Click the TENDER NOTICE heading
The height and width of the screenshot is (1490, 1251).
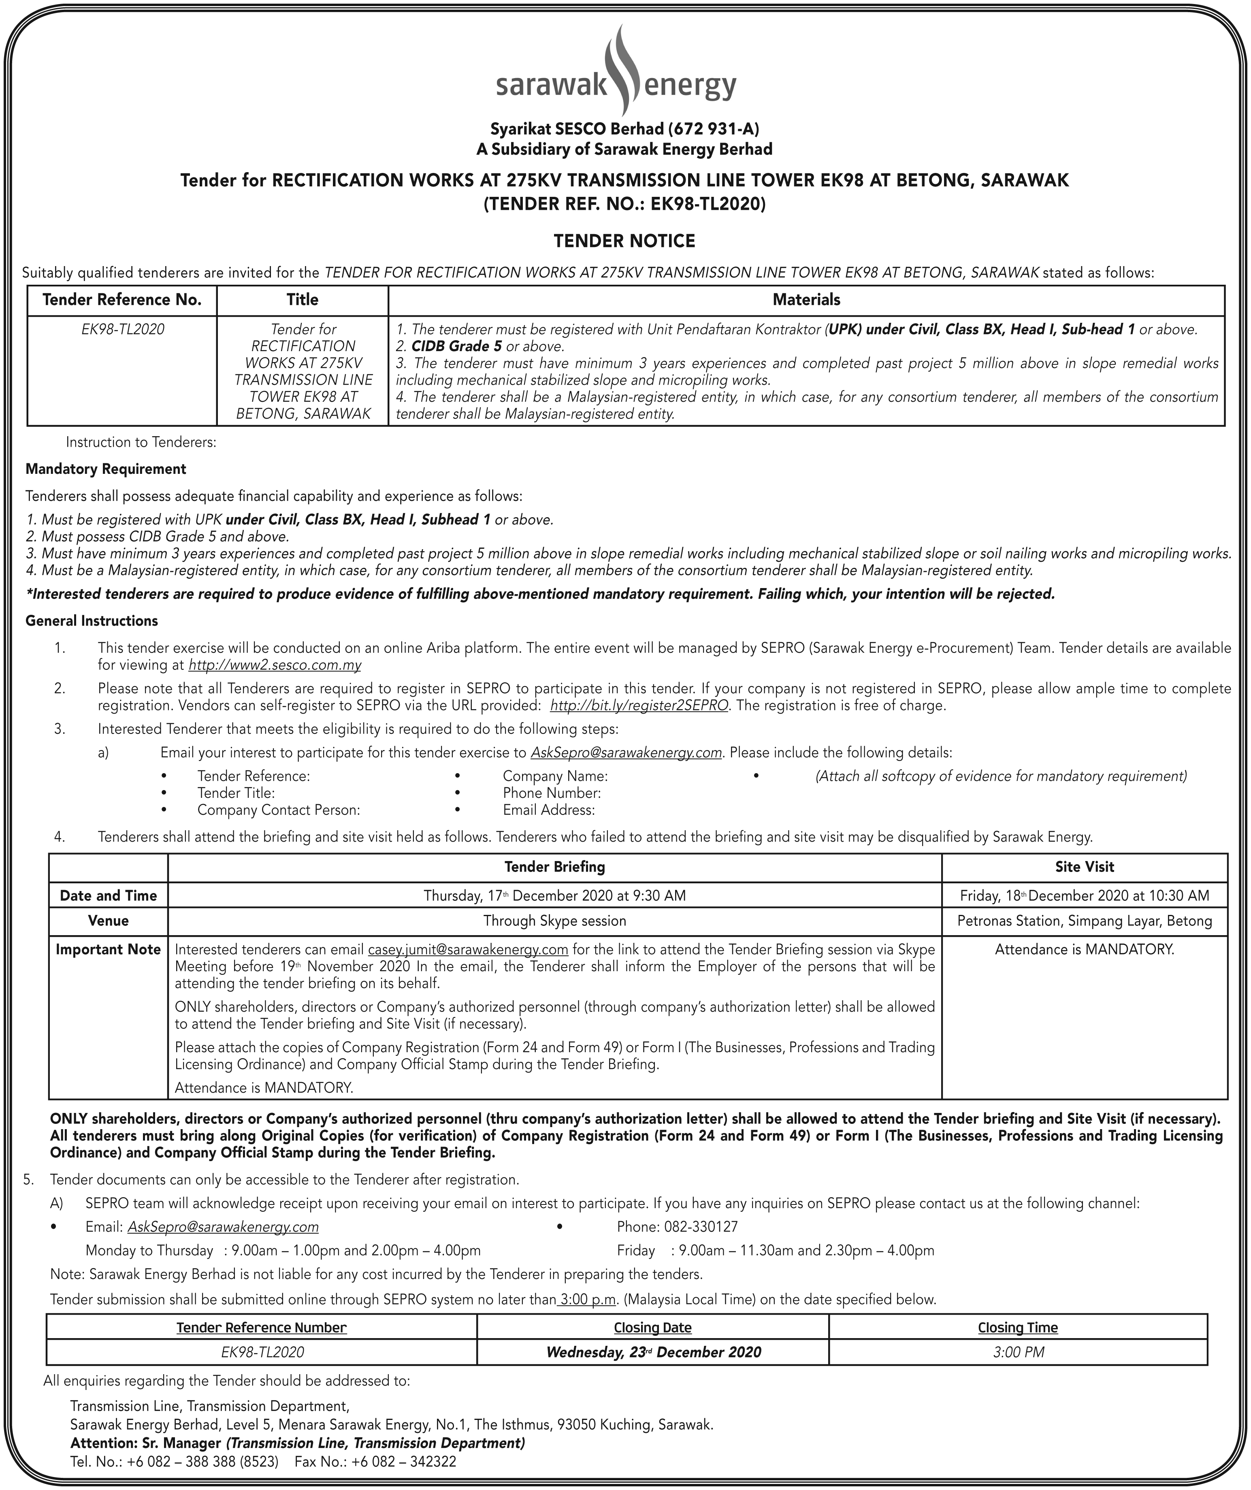tap(624, 241)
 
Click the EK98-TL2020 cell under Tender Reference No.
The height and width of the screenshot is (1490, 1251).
tap(122, 329)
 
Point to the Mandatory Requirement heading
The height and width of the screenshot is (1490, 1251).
tap(106, 469)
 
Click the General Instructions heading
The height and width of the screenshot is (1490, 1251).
tap(92, 621)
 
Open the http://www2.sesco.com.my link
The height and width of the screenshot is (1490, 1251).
tap(275, 665)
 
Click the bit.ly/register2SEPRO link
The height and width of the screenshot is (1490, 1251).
tap(639, 706)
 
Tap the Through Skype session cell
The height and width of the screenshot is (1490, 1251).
tap(554, 921)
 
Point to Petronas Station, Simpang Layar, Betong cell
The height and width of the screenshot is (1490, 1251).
tap(1084, 921)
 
